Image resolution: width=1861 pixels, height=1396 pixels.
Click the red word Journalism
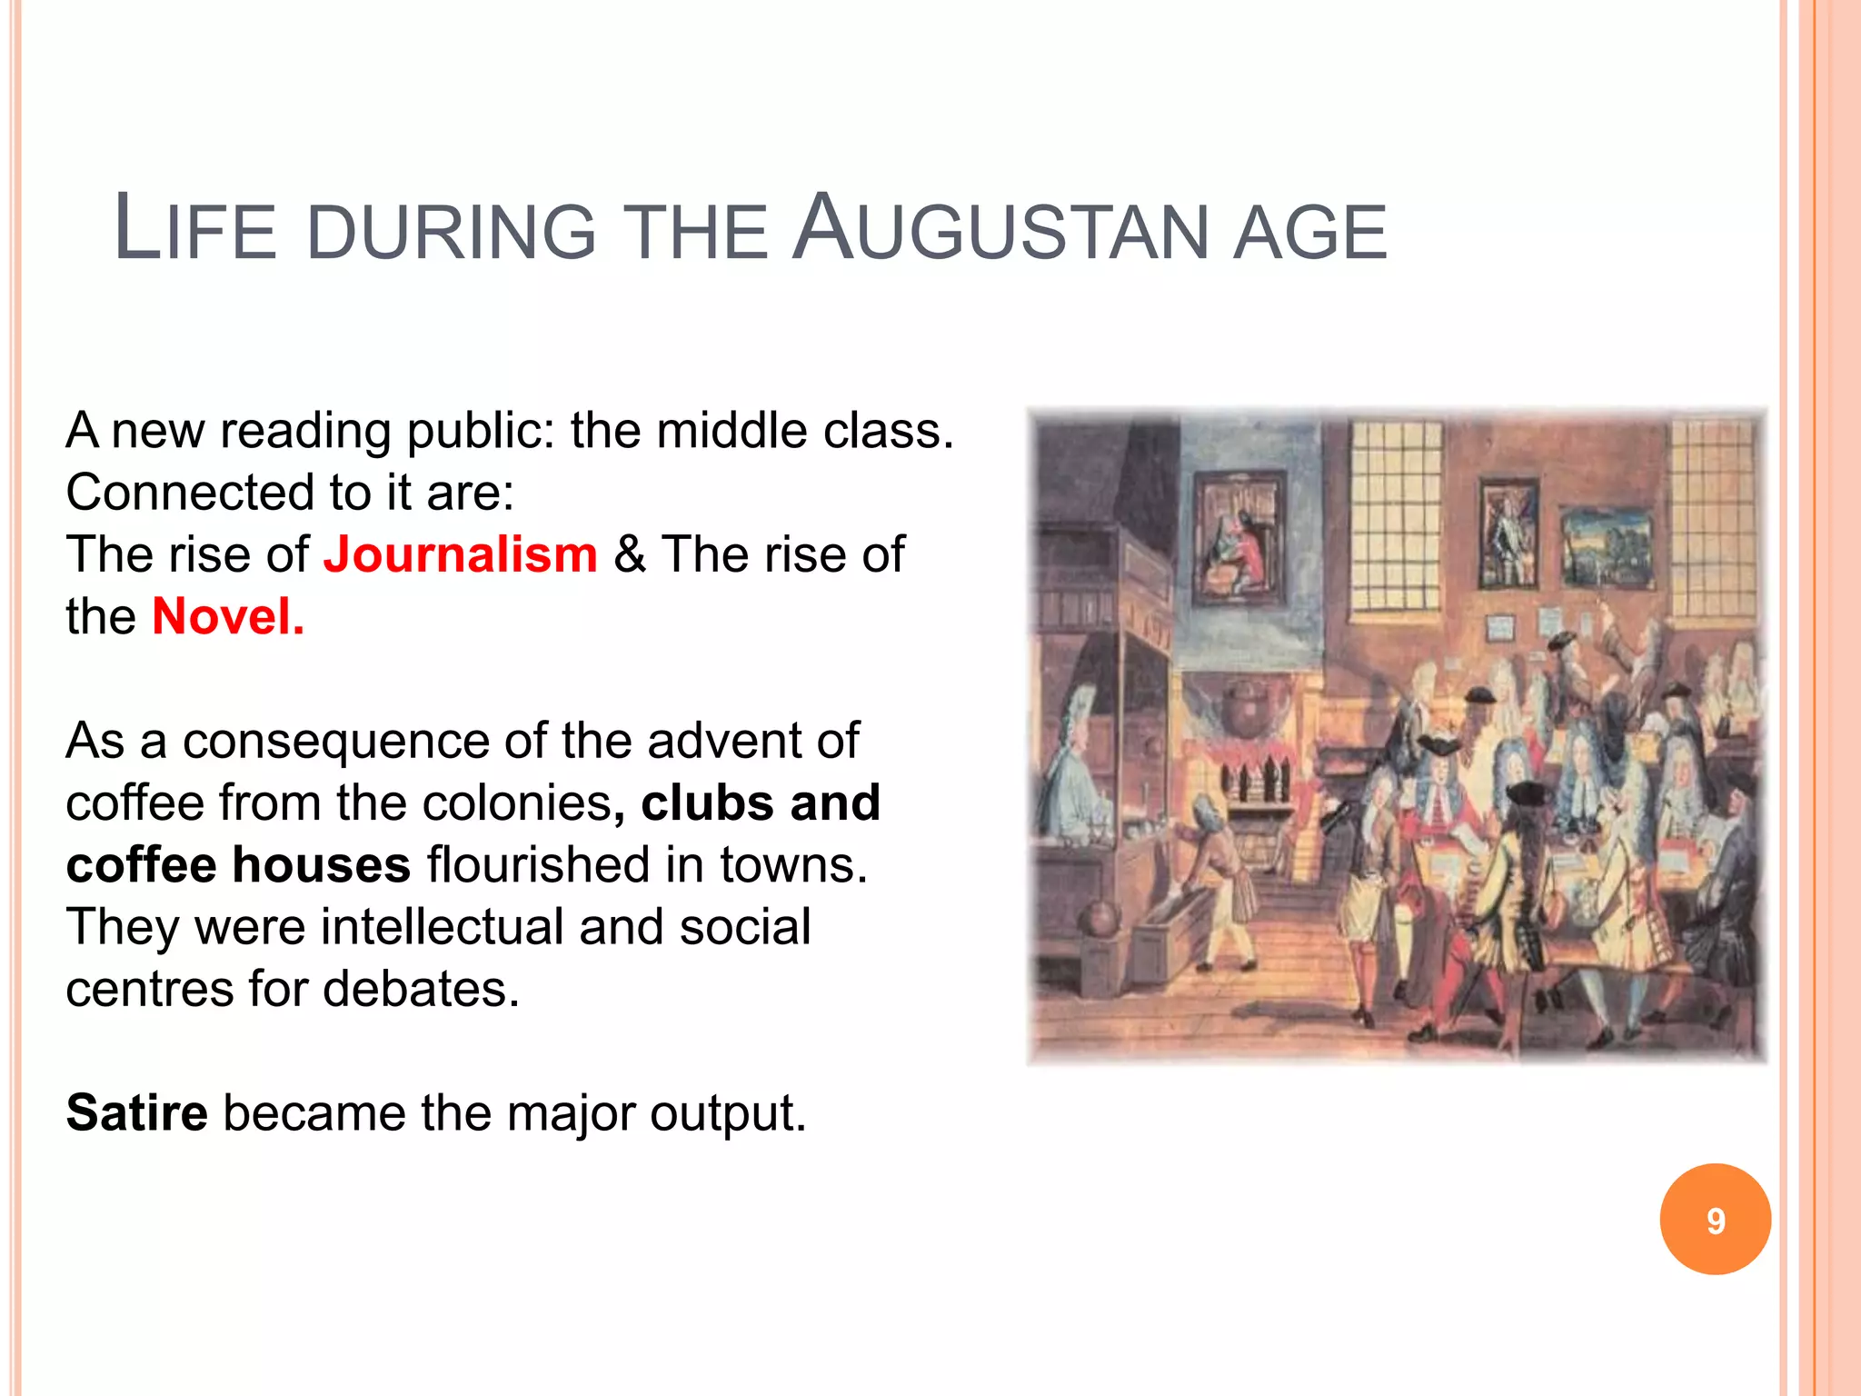460,554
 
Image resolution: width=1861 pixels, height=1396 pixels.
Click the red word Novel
227,617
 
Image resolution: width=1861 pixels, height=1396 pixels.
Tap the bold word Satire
137,1112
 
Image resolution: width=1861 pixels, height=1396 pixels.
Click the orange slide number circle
1715,1220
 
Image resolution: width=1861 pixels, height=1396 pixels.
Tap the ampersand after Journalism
630,554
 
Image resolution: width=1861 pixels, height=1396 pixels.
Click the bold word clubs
707,803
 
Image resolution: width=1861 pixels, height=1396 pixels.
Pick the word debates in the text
421,989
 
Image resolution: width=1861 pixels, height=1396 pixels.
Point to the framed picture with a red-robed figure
1239,538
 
